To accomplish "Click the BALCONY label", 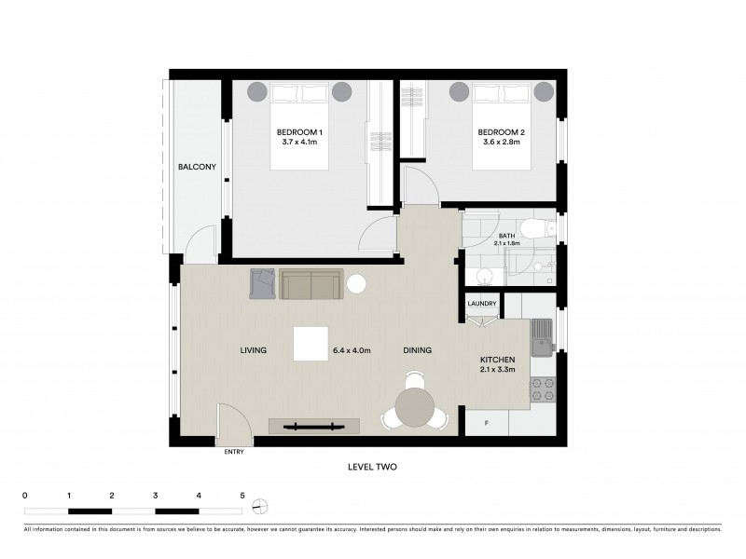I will pyautogui.click(x=197, y=168).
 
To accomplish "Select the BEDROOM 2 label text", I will pyautogui.click(x=502, y=132).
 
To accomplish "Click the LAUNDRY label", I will pyautogui.click(x=482, y=304).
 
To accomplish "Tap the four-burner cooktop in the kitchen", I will pyautogui.click(x=543, y=391).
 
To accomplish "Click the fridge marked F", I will pyautogui.click(x=485, y=424).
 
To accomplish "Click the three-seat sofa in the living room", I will pyautogui.click(x=312, y=285).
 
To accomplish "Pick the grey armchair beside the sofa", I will pyautogui.click(x=263, y=283).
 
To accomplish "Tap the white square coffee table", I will pyautogui.click(x=311, y=344).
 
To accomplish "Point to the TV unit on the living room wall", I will pyautogui.click(x=313, y=427).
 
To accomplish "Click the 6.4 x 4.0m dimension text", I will pyautogui.click(x=352, y=351).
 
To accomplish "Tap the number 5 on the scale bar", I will pyautogui.click(x=242, y=496).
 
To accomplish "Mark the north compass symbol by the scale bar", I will pyautogui.click(x=262, y=505).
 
